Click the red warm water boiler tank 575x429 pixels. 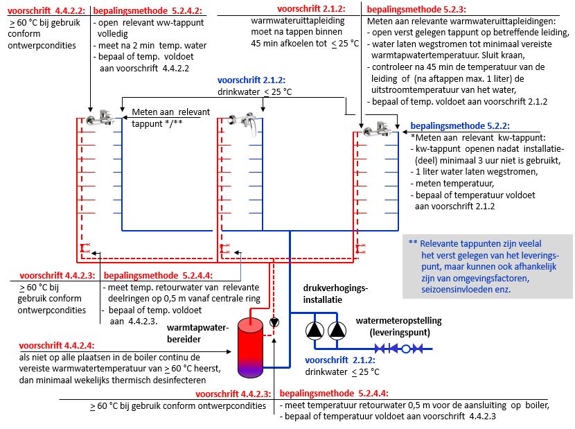point(251,348)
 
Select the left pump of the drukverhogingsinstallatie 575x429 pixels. point(315,330)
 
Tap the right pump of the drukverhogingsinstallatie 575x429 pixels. point(337,330)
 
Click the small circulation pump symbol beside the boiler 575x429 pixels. point(274,322)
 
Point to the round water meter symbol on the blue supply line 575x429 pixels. point(405,349)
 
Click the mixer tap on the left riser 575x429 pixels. point(100,117)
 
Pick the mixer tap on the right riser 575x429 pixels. point(377,129)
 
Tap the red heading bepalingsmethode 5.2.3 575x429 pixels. point(416,10)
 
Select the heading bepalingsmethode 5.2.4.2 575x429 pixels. point(148,10)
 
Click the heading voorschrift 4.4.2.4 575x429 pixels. point(57,345)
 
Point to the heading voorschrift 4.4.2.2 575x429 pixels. point(46,10)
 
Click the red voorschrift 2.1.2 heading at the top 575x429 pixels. point(311,9)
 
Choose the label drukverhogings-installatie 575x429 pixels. point(335,294)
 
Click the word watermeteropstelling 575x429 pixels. point(398,321)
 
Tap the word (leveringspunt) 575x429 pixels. point(400,333)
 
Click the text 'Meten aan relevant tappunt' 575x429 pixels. point(171,118)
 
